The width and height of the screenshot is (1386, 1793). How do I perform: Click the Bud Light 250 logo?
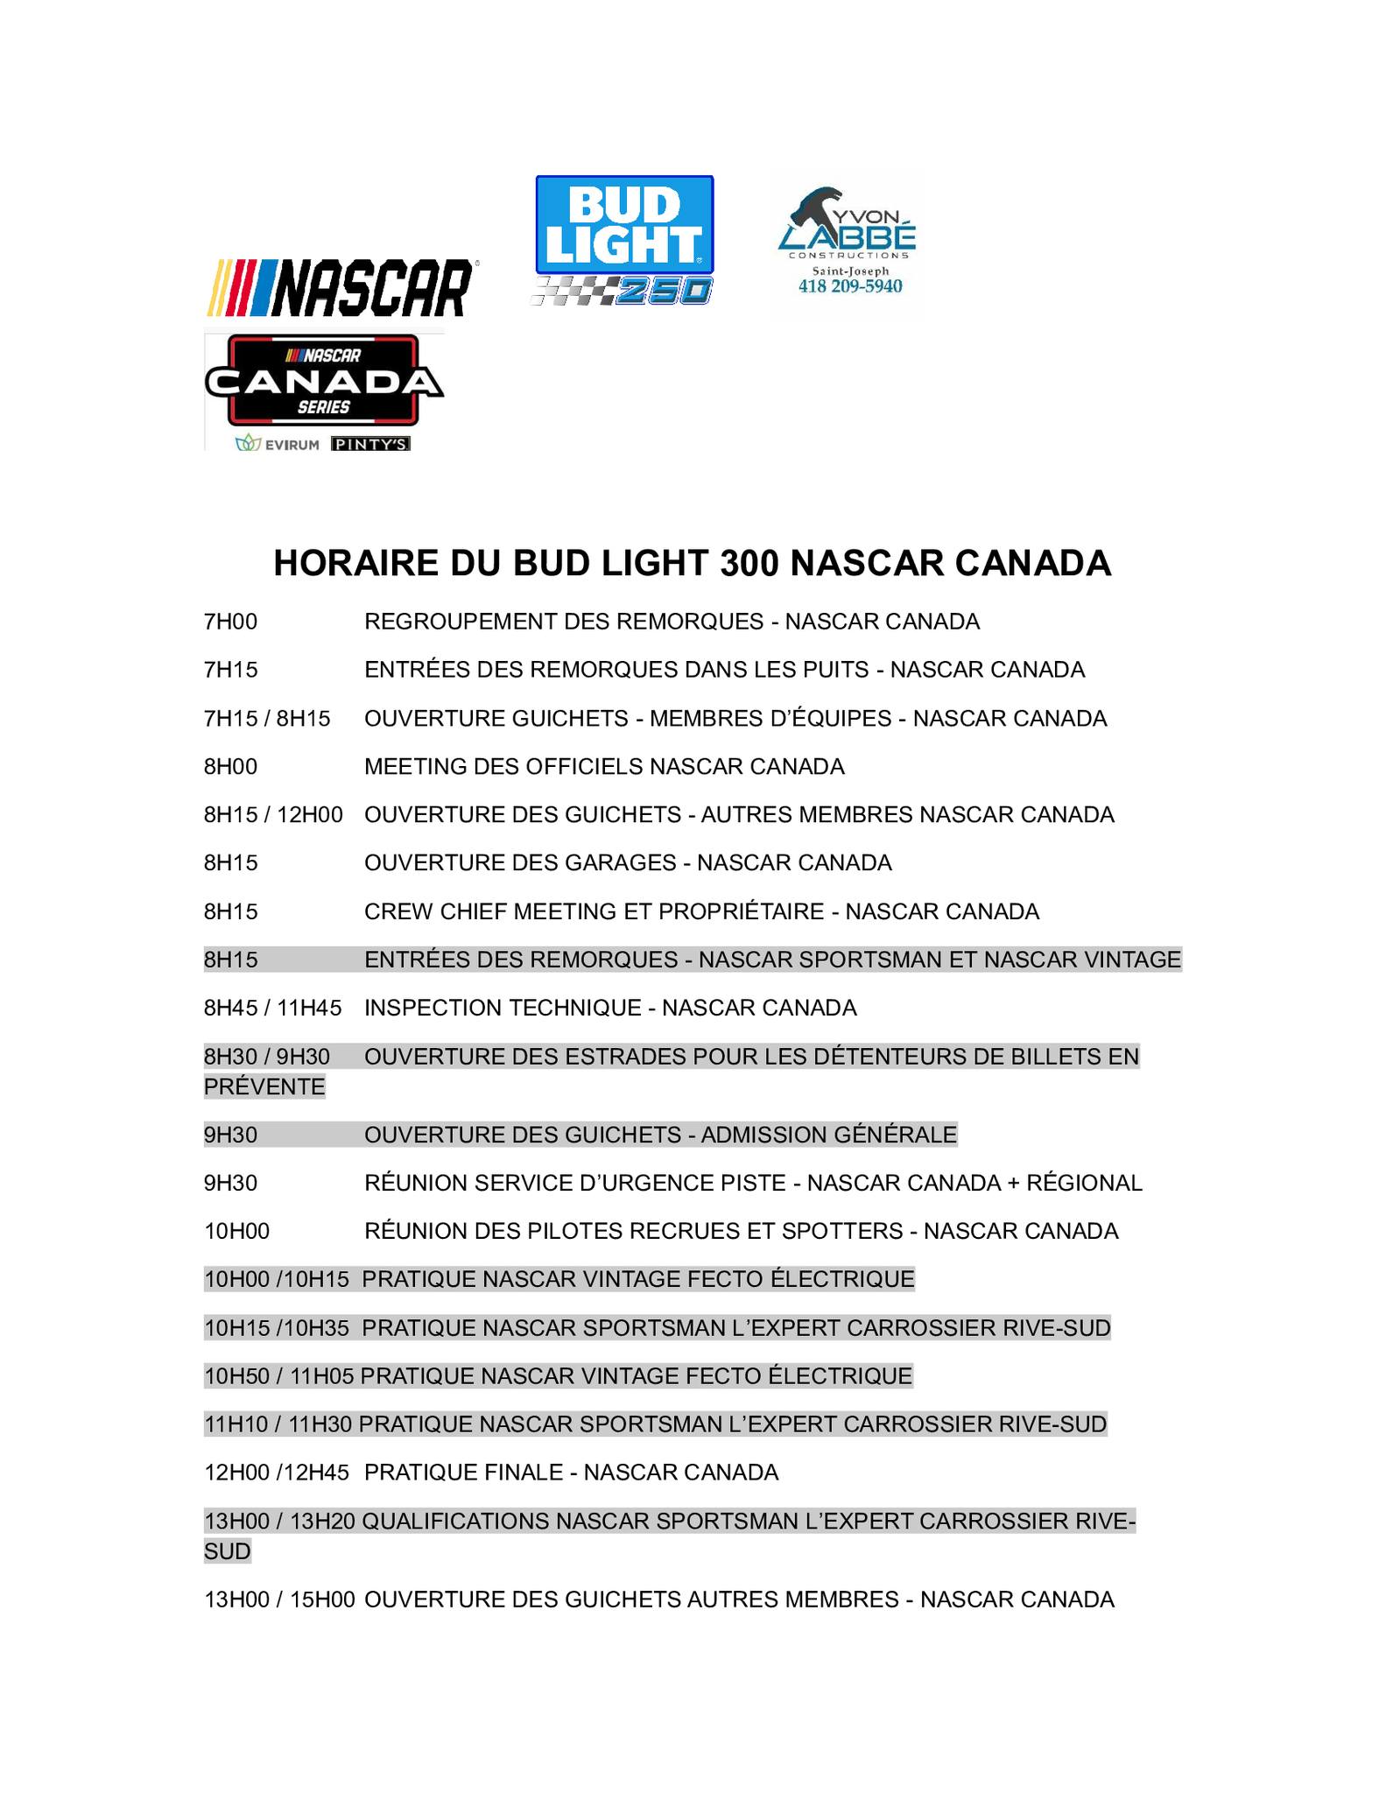(623, 241)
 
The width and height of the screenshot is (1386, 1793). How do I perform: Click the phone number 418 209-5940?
(849, 287)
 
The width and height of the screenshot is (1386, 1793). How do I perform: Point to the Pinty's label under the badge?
(371, 444)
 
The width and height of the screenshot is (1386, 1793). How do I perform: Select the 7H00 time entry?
(231, 622)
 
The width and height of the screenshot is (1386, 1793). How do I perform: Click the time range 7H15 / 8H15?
(267, 719)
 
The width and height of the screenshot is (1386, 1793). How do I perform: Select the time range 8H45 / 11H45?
(272, 1009)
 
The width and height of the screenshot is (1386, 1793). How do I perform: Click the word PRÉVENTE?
(264, 1087)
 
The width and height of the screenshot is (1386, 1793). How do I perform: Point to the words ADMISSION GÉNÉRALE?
(828, 1136)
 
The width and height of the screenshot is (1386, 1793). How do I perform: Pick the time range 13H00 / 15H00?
(279, 1600)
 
